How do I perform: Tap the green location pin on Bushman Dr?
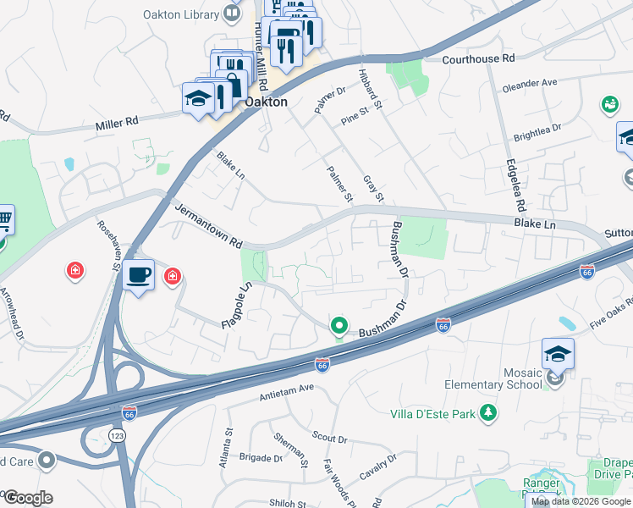click(339, 325)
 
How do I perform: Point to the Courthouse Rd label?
click(478, 59)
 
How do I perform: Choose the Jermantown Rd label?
click(209, 224)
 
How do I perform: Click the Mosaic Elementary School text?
click(493, 378)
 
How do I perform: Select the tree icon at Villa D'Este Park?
click(488, 413)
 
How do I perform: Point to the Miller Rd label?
click(117, 123)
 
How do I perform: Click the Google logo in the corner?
click(27, 497)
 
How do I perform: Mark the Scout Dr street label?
click(330, 439)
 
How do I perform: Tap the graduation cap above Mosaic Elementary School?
click(558, 353)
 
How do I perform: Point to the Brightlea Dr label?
click(537, 132)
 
